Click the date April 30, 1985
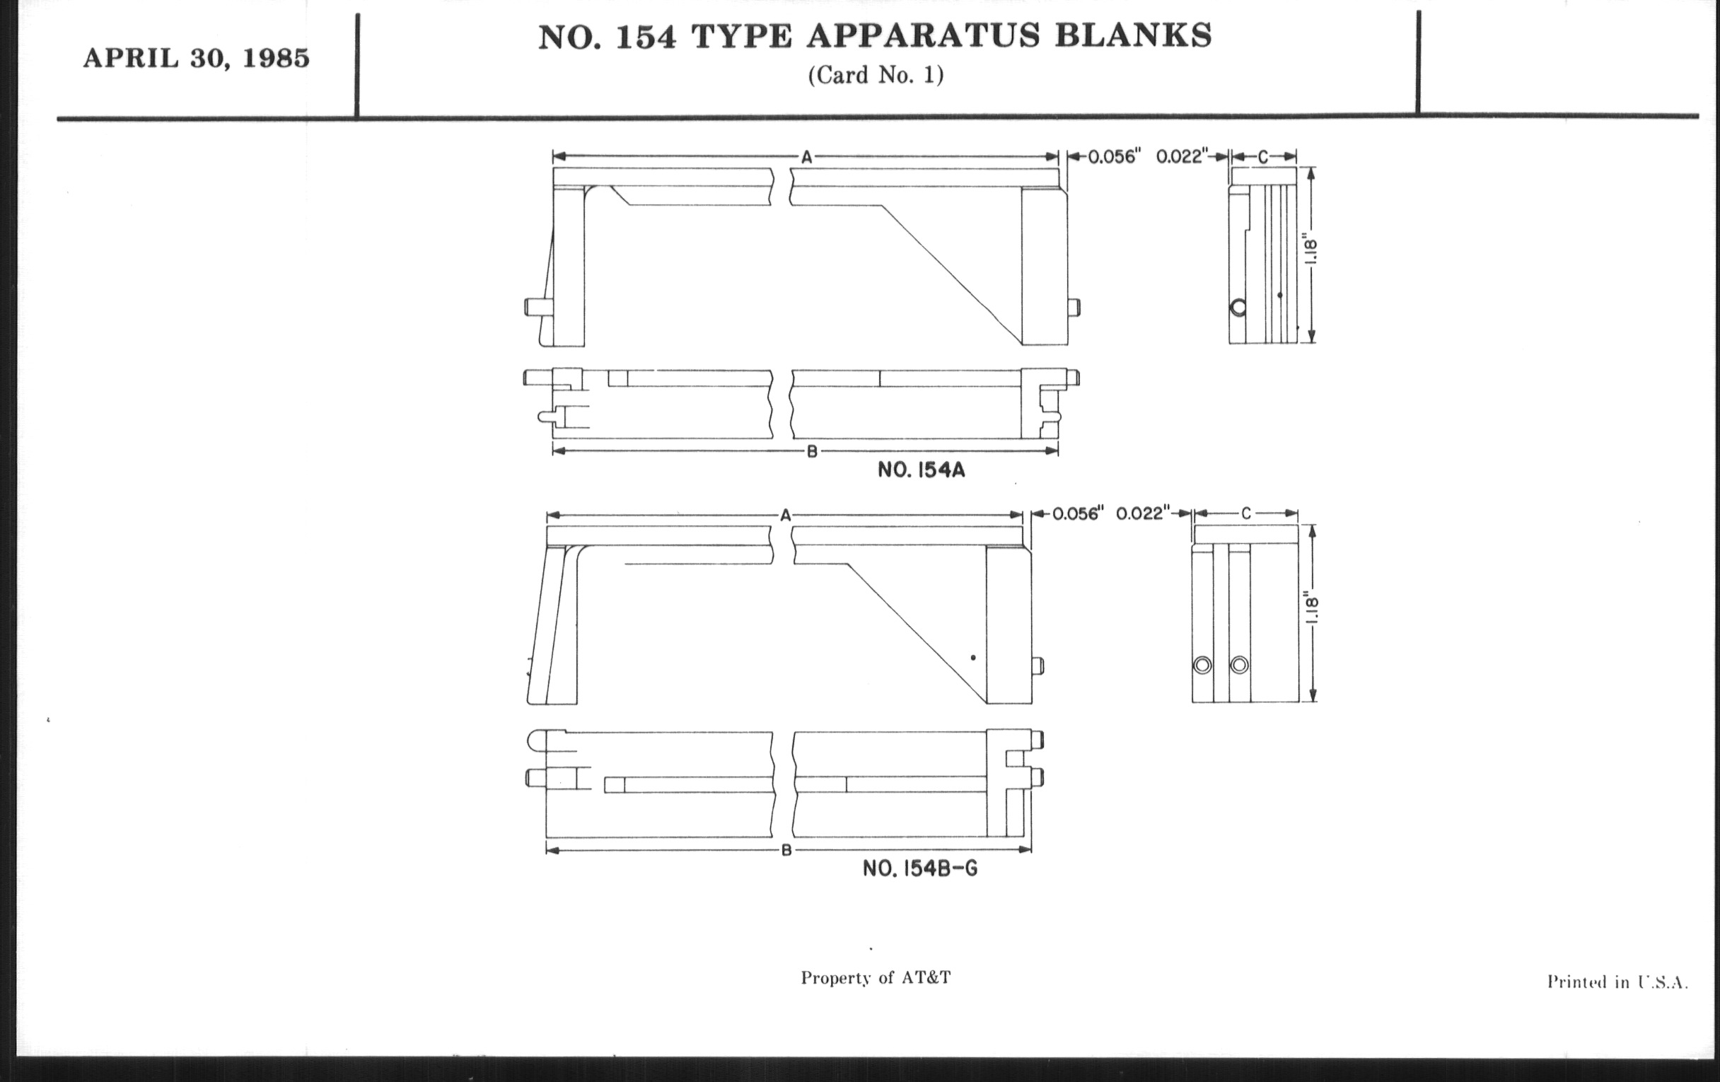click(x=197, y=59)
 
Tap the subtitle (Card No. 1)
click(x=876, y=75)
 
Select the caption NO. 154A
click(x=921, y=471)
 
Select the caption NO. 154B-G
click(x=920, y=868)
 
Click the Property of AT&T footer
click(x=876, y=978)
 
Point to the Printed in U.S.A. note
click(x=1618, y=983)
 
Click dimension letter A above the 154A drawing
click(x=806, y=158)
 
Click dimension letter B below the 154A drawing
click(x=811, y=451)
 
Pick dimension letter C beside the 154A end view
click(x=1263, y=157)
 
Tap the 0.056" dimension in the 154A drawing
click(x=1112, y=157)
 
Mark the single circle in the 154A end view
click(x=1238, y=308)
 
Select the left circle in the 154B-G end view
click(x=1202, y=665)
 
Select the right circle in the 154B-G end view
click(x=1239, y=665)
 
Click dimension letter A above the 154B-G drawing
click(x=786, y=515)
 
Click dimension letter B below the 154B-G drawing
click(x=786, y=851)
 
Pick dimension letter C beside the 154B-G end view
click(x=1245, y=513)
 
